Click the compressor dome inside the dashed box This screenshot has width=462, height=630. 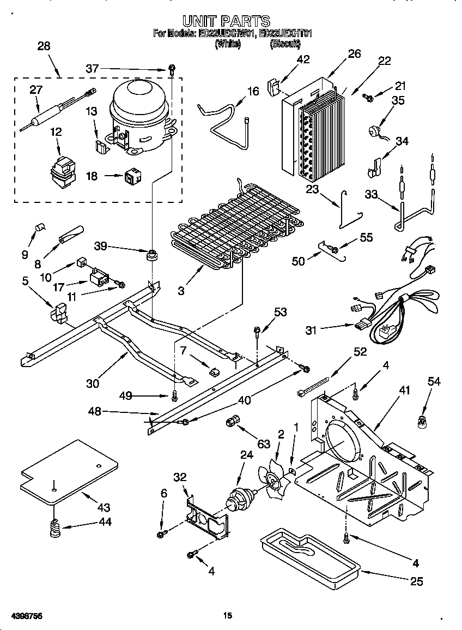(x=139, y=104)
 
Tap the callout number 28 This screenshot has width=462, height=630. (x=44, y=46)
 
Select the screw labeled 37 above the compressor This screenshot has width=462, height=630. (x=172, y=69)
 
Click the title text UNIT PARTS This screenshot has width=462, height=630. (x=226, y=21)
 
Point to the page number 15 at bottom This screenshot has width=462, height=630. (x=228, y=616)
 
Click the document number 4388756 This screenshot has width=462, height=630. (x=22, y=616)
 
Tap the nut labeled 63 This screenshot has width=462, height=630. (x=233, y=422)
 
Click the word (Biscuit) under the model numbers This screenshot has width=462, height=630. (x=285, y=44)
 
